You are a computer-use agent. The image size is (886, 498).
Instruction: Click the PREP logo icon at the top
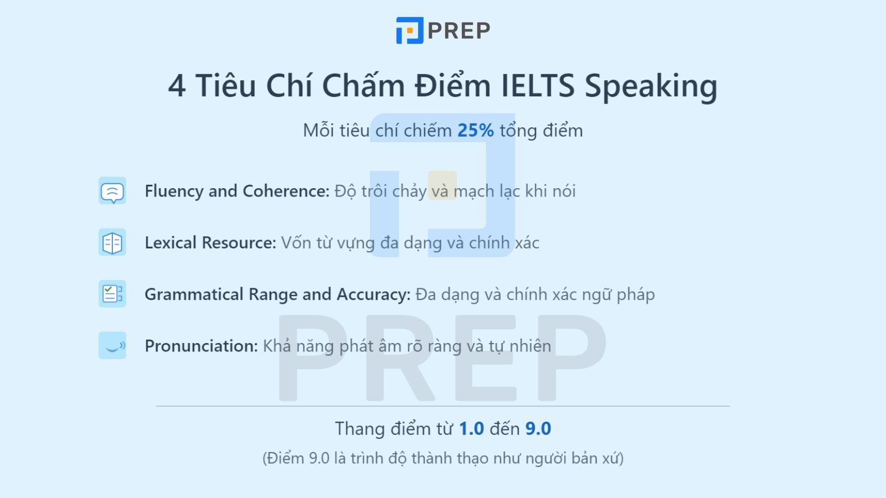coord(409,30)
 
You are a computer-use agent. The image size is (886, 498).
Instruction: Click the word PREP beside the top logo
coord(459,31)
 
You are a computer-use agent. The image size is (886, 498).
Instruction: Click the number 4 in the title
coord(177,86)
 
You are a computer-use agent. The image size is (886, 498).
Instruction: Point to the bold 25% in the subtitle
coord(475,131)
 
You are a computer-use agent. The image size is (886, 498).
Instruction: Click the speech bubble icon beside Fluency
coord(112,191)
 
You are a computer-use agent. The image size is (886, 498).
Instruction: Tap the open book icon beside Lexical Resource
coord(112,242)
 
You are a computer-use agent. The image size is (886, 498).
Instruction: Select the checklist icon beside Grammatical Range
coord(112,294)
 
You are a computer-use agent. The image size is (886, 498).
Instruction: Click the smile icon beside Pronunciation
coord(112,345)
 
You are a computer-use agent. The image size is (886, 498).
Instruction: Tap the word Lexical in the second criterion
coord(171,242)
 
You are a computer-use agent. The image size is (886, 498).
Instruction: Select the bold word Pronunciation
coord(201,346)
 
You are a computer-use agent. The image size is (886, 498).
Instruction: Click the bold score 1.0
coord(471,429)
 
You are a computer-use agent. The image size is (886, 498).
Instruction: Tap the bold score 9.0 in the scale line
coord(538,429)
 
